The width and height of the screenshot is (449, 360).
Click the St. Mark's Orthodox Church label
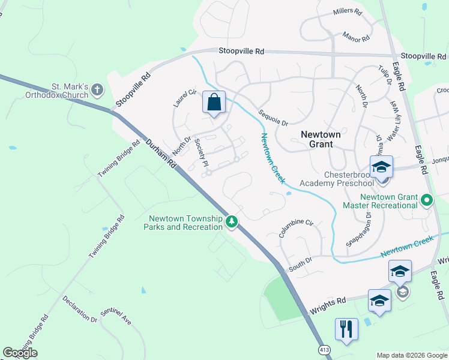(x=57, y=91)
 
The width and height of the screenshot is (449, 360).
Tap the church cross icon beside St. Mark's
(x=97, y=91)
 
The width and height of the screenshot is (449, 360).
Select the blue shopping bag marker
(x=214, y=102)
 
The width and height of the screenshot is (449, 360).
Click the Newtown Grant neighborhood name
(x=325, y=139)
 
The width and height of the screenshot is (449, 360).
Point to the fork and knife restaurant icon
(x=346, y=329)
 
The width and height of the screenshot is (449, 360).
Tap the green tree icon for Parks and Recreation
(x=232, y=222)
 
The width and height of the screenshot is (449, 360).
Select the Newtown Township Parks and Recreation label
(x=182, y=223)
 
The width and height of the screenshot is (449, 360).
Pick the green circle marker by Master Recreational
(x=427, y=200)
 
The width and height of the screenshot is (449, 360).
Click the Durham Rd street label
(x=161, y=154)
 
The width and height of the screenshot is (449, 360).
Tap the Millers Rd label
(x=348, y=12)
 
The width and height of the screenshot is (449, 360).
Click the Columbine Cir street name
(x=296, y=229)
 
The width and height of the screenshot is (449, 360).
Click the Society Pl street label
(x=202, y=155)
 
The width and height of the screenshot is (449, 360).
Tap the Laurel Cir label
(x=185, y=98)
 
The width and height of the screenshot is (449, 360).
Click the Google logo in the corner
(x=20, y=353)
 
